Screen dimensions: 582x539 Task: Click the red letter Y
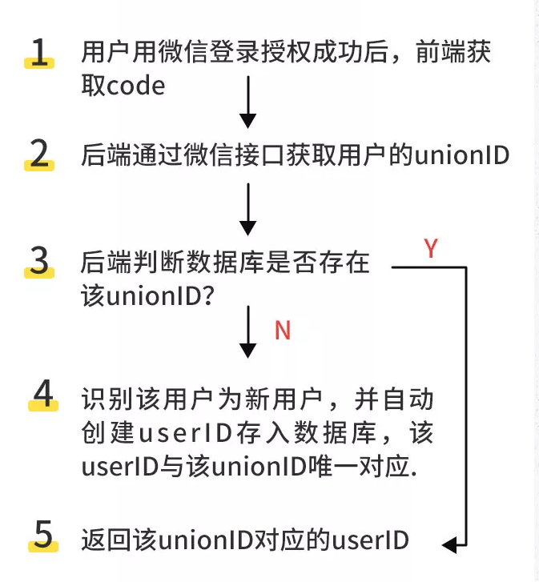431,249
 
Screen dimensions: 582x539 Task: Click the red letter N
282,330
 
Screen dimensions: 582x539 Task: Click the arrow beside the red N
248,333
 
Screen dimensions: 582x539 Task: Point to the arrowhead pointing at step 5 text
451,545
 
